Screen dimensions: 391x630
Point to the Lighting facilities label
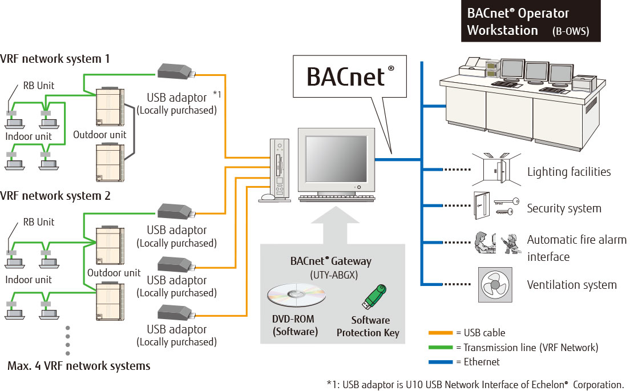pyautogui.click(x=568, y=172)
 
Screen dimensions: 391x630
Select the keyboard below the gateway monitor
pyautogui.click(x=337, y=198)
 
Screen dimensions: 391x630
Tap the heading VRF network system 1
pyautogui.click(x=55, y=58)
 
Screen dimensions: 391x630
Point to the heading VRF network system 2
pyautogui.click(x=55, y=195)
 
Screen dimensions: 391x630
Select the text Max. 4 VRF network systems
pyautogui.click(x=79, y=366)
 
